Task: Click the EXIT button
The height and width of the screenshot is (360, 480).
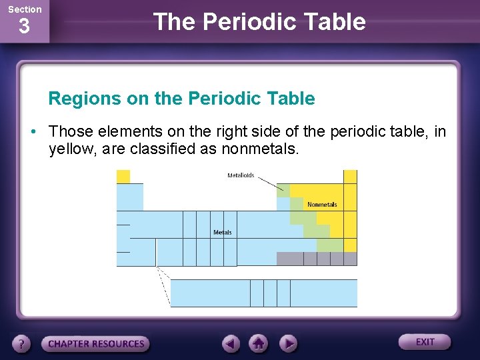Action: click(425, 342)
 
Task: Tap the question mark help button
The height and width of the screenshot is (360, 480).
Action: click(23, 344)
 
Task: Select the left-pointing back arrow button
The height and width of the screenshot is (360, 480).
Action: click(231, 343)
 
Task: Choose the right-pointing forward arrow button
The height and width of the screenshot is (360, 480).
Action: click(287, 343)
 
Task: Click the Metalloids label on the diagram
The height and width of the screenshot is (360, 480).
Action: click(241, 176)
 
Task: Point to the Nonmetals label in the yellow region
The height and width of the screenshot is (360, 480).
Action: click(322, 205)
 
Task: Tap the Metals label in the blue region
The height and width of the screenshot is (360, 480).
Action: click(223, 233)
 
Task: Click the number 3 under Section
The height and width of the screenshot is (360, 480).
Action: click(24, 27)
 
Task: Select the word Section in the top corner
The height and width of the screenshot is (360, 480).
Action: click(24, 9)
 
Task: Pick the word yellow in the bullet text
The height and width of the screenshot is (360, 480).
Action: click(73, 149)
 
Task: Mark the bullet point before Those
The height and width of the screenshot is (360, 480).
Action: click(33, 131)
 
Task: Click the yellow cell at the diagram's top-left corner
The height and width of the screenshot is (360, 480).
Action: click(123, 176)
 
